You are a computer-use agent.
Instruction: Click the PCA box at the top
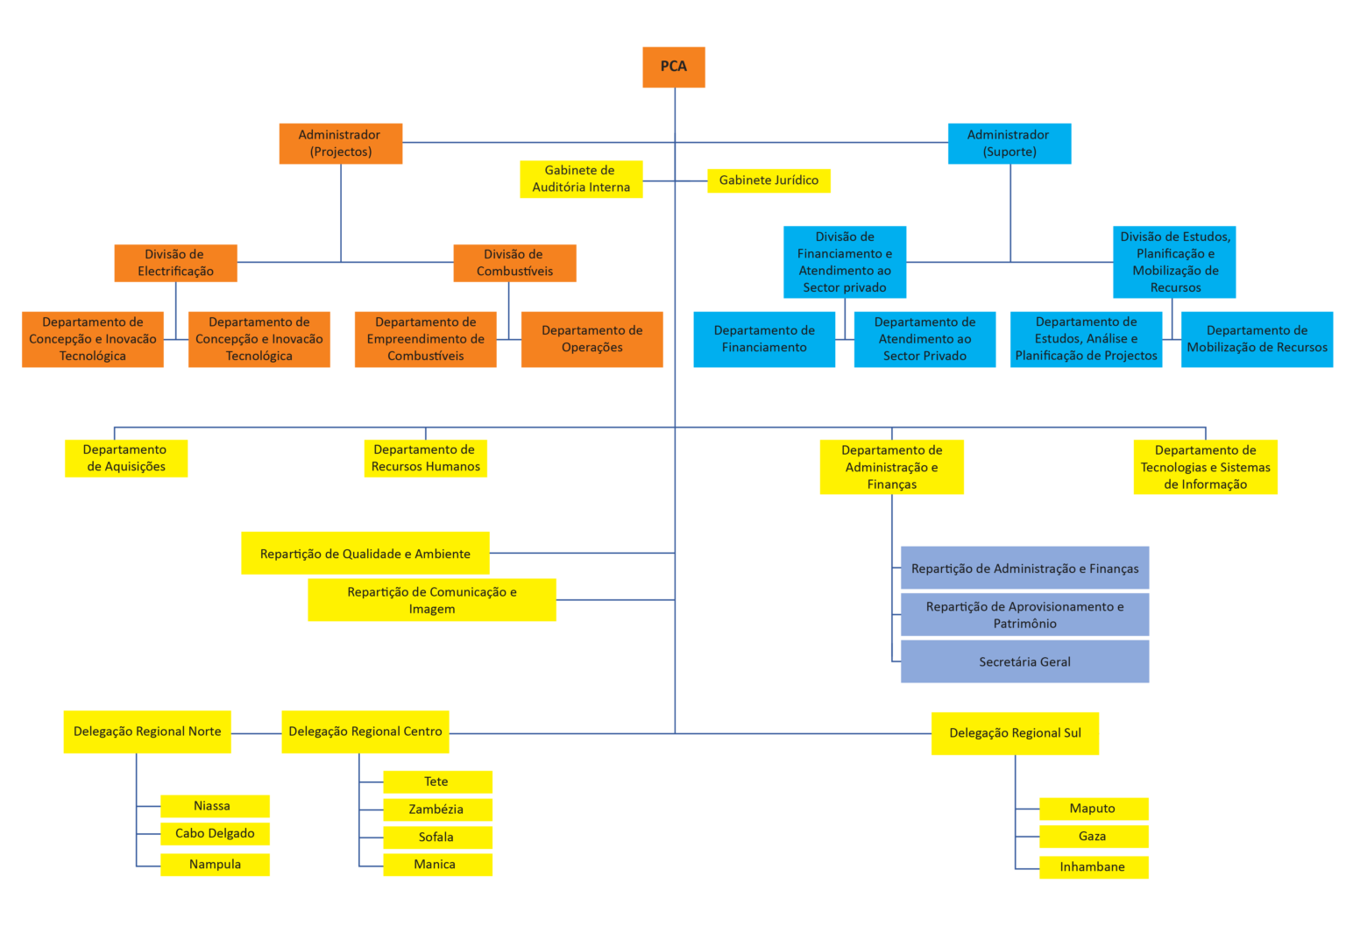click(x=674, y=67)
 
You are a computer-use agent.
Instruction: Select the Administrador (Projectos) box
click(x=340, y=143)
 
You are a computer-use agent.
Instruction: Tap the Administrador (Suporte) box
click(x=1009, y=143)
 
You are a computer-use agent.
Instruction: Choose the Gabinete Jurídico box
click(x=769, y=180)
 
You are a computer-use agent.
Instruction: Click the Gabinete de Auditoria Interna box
click(x=581, y=179)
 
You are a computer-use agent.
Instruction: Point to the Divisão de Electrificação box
click(x=175, y=263)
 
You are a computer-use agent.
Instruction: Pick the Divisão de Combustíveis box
click(x=514, y=263)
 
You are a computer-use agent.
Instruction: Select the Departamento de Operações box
click(x=592, y=339)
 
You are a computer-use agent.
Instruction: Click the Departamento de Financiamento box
click(x=764, y=339)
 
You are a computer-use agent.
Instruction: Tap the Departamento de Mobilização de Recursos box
click(x=1257, y=339)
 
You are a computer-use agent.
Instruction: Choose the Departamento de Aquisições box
click(x=125, y=458)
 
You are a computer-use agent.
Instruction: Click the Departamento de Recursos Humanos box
click(x=425, y=458)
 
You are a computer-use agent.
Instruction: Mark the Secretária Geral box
click(x=1024, y=661)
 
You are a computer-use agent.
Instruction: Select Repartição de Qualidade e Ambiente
click(x=365, y=554)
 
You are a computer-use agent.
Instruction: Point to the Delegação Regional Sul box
click(x=1015, y=733)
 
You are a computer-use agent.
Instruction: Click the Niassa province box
click(x=214, y=806)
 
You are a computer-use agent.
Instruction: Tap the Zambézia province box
click(x=436, y=809)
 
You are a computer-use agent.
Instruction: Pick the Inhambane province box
click(x=1093, y=867)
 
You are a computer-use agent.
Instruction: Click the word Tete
click(x=436, y=781)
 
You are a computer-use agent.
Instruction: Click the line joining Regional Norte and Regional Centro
click(x=256, y=733)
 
